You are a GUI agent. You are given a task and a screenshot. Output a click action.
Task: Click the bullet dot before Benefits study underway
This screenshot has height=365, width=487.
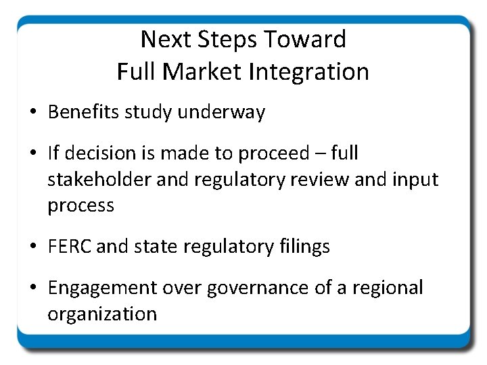tap(33, 113)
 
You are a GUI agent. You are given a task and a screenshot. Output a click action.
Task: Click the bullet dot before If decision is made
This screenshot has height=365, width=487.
tap(33, 154)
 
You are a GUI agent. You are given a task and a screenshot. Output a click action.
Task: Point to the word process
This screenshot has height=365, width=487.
tap(80, 205)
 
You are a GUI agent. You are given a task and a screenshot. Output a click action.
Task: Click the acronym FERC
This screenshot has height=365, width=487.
tap(70, 246)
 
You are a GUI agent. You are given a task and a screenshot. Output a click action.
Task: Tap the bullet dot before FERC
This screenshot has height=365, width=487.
tap(33, 247)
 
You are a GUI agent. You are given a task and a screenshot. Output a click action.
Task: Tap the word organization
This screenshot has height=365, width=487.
tap(102, 314)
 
